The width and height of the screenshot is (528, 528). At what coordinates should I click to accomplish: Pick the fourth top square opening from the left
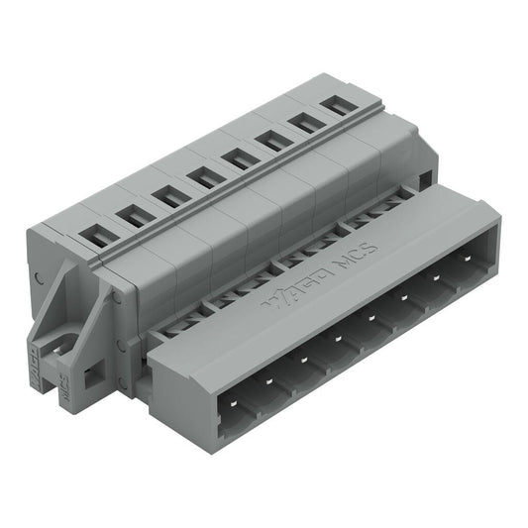pos(207,176)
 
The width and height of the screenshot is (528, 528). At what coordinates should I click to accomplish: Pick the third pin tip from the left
pos(303,359)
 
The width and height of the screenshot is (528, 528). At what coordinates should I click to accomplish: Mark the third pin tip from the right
pos(402,303)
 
